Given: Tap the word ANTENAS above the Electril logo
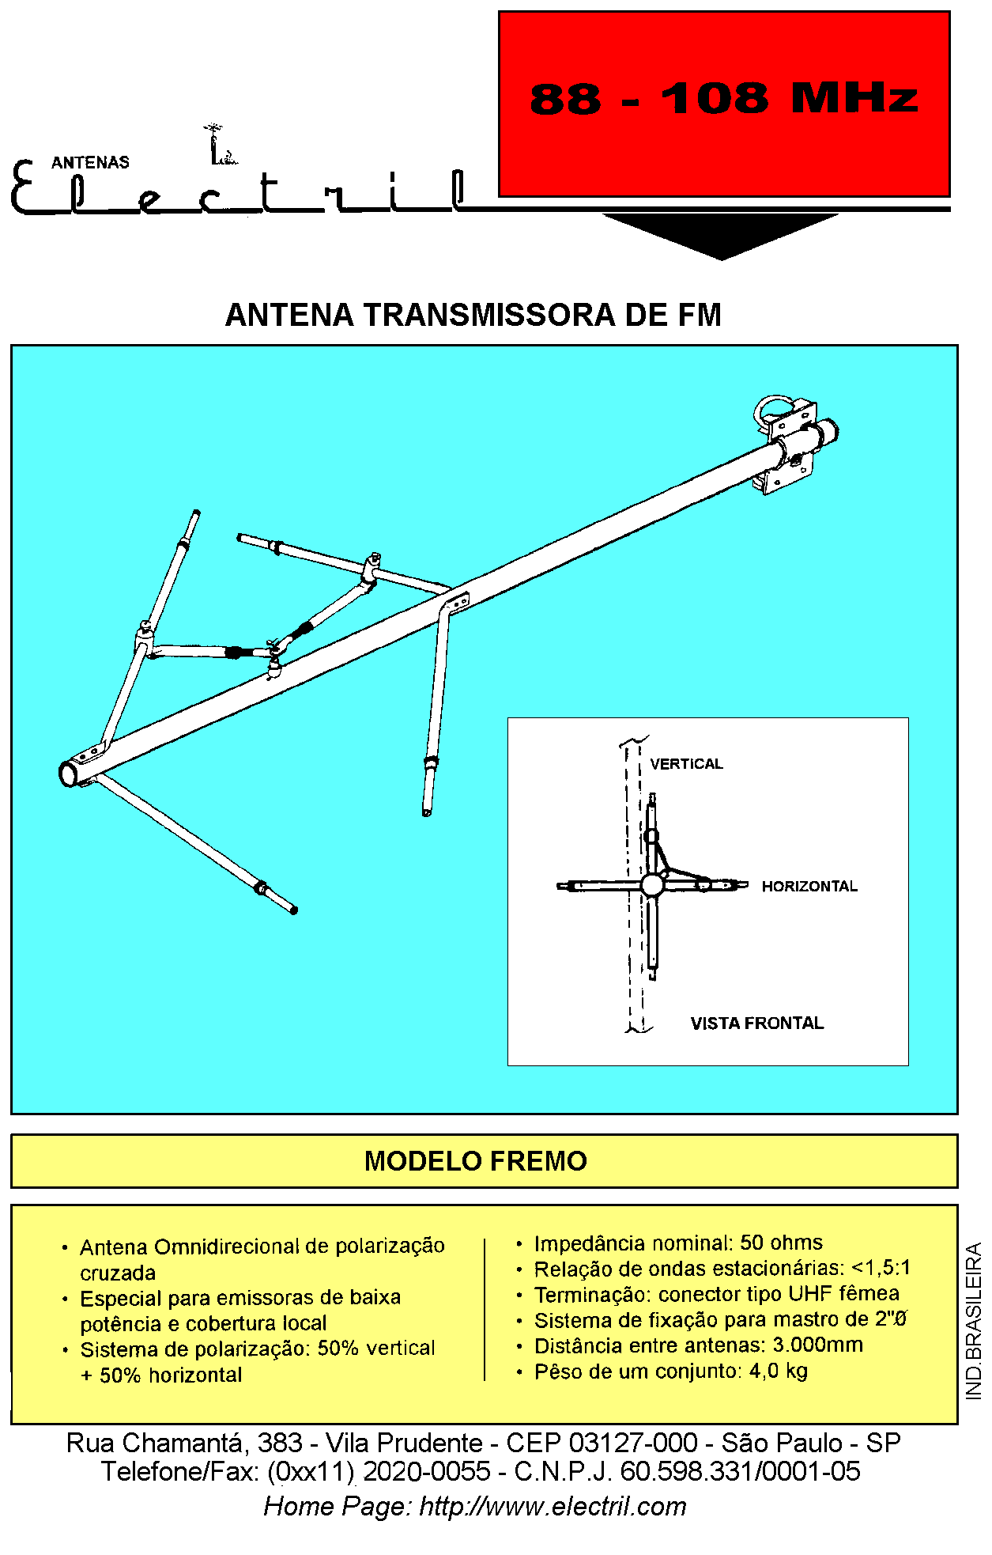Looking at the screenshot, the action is click(90, 162).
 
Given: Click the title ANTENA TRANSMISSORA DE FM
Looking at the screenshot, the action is click(473, 315).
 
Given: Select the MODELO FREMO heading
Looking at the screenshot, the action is click(476, 1161).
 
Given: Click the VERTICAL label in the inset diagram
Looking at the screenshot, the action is click(686, 764).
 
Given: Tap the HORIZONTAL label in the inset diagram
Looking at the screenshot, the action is click(809, 887).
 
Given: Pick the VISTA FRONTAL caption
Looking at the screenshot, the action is click(757, 1023).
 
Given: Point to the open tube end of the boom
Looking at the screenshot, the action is click(70, 774).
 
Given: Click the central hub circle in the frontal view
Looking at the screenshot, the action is click(651, 885).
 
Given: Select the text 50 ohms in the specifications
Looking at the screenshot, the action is click(781, 1243).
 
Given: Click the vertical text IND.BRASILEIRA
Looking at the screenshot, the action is click(974, 1321).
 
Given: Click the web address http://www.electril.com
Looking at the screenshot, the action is click(553, 1506).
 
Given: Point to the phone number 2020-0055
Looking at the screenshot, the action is click(427, 1471).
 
